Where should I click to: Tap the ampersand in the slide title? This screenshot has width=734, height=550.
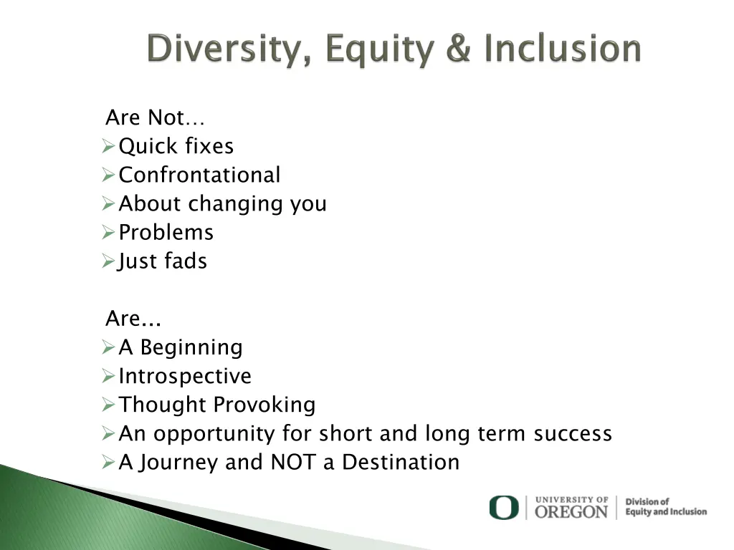coord(458,48)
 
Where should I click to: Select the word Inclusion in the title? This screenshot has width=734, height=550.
coord(562,48)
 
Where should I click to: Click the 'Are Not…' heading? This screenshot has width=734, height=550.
coord(155,117)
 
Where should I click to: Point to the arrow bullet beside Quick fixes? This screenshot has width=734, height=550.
coord(108,146)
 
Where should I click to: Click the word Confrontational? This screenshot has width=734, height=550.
coord(199,175)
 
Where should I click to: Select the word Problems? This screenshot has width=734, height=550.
coord(166,233)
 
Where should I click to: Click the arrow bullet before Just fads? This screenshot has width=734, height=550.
coord(108,261)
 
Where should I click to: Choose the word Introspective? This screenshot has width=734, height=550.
coord(185,377)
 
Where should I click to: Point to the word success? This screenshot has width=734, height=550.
coord(573,433)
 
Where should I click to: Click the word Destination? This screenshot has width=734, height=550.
coord(401,462)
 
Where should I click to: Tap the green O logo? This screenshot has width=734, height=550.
coord(504,508)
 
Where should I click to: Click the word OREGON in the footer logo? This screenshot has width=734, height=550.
coord(571,512)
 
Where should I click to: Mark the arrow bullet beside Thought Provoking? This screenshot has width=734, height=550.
coord(108,405)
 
